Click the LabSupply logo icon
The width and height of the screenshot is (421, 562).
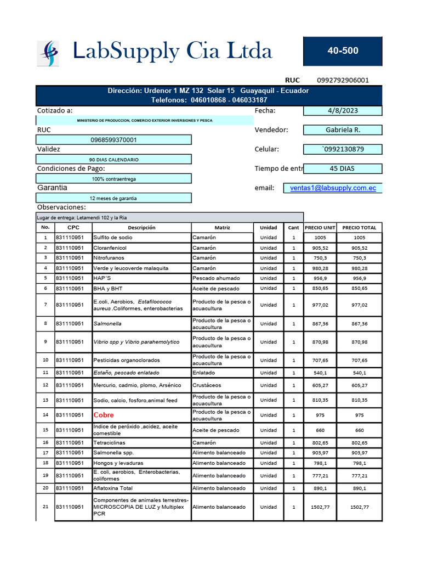[x=48, y=53]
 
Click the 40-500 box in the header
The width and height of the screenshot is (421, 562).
[x=343, y=51]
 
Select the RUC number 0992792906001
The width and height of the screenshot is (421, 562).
[x=343, y=80]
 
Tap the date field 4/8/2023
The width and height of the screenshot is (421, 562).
[x=343, y=111]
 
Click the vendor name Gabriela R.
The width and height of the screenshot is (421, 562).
[x=343, y=130]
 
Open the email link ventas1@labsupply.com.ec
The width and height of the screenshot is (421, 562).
[x=333, y=188]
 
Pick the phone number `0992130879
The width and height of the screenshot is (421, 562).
[x=343, y=149]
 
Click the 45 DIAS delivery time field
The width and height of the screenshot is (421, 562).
[x=343, y=168]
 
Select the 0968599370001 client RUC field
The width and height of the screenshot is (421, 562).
[x=113, y=140]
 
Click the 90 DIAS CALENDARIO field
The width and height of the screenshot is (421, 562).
[x=113, y=160]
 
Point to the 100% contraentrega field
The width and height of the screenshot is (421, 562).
[x=113, y=179]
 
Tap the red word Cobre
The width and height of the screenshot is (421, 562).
[x=104, y=415]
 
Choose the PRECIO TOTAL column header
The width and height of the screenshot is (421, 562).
[x=359, y=228]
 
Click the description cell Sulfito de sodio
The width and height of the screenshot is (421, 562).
[x=112, y=238]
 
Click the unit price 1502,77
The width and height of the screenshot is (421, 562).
[x=320, y=507]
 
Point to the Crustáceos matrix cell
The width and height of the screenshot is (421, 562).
[x=208, y=385]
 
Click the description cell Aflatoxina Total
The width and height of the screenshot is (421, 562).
[x=113, y=488]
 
